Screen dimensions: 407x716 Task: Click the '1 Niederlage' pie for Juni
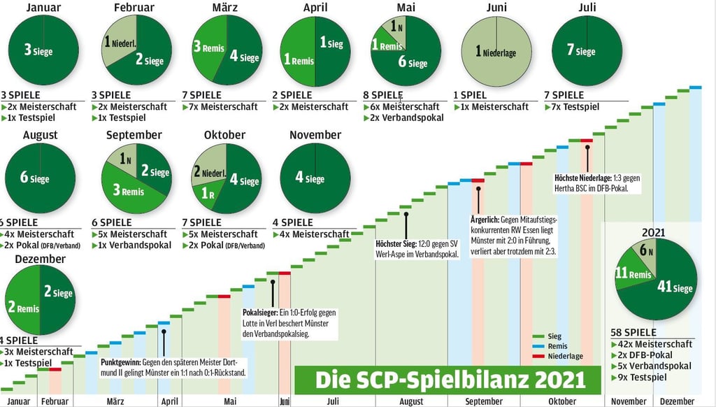pyautogui.click(x=496, y=51)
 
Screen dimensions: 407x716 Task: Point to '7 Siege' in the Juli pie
pyautogui.click(x=582, y=51)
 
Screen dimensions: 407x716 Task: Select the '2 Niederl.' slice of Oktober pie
pyautogui.click(x=206, y=172)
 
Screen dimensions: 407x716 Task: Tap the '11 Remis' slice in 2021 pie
pyautogui.click(x=632, y=275)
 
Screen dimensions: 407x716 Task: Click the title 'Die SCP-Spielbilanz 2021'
pyautogui.click(x=450, y=380)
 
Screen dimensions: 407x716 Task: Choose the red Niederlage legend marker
pyautogui.click(x=537, y=356)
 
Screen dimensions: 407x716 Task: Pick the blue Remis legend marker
pyautogui.click(x=537, y=346)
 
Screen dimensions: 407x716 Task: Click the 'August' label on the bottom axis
pyautogui.click(x=411, y=401)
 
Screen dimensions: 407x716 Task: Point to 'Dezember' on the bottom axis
pyautogui.click(x=676, y=401)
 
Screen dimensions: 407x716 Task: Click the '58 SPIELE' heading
pyautogui.click(x=635, y=333)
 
